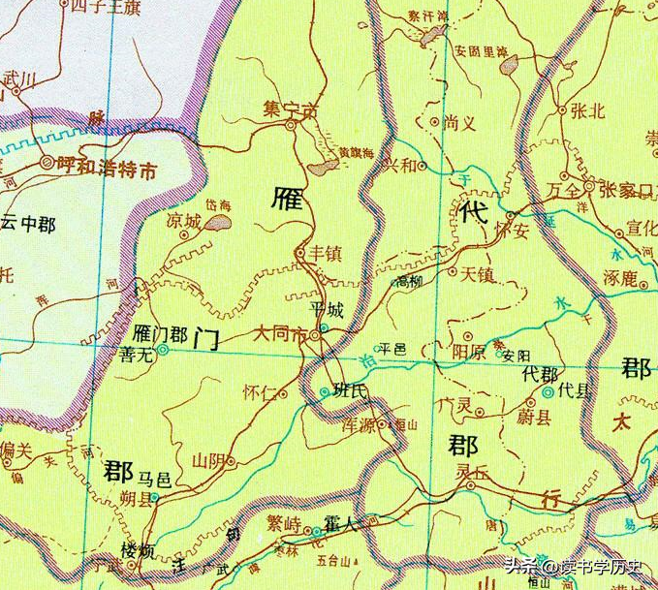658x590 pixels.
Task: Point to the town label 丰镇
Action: (324, 254)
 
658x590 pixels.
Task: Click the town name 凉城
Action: (183, 222)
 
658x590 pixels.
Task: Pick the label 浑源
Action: (360, 423)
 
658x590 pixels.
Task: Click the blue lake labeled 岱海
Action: (218, 223)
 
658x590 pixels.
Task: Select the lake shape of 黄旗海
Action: (322, 169)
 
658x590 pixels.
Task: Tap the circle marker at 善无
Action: (162, 352)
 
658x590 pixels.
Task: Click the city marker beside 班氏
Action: (324, 391)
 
